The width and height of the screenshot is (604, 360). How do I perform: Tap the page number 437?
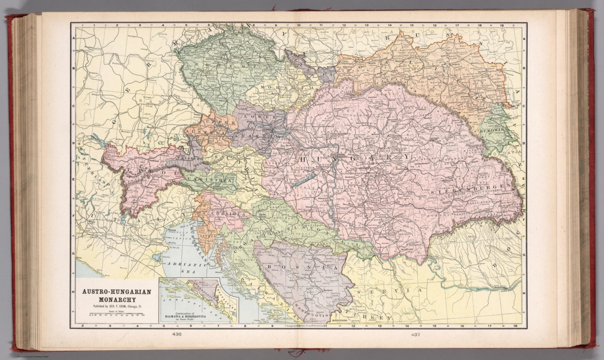coord(416,335)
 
